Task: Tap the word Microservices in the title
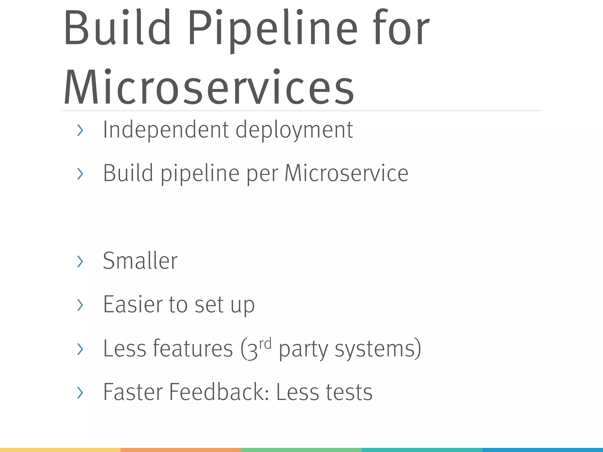click(x=209, y=88)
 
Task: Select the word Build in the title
click(x=117, y=28)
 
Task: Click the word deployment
click(x=294, y=130)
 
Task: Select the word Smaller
click(x=140, y=261)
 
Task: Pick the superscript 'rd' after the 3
click(x=265, y=344)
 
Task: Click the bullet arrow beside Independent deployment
click(x=80, y=130)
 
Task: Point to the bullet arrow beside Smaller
click(x=80, y=261)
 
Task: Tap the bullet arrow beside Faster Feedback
click(x=80, y=393)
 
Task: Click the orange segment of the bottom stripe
click(x=181, y=450)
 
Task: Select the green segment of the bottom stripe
click(x=301, y=450)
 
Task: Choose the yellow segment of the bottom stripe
click(x=60, y=450)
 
